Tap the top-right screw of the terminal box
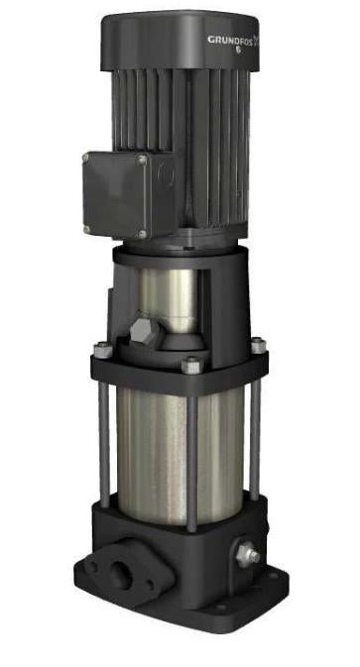click(142, 160)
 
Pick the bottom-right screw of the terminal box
click(143, 234)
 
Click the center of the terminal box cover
click(116, 194)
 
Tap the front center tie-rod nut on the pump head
click(190, 367)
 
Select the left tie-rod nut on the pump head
click(101, 349)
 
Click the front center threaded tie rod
click(191, 456)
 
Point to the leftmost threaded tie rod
click(103, 436)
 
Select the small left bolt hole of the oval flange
click(91, 562)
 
